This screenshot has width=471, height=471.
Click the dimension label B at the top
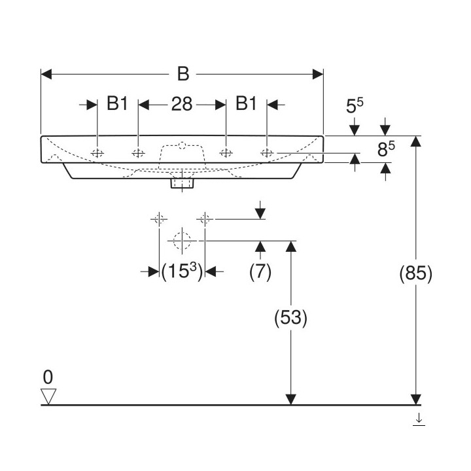point(183,75)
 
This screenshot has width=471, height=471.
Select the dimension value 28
point(181,104)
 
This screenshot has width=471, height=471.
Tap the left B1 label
point(117,104)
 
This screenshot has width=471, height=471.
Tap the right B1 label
point(246,104)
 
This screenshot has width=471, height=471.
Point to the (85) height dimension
point(415,275)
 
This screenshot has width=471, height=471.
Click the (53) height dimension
point(290,318)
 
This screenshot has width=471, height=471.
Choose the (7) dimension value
point(260,271)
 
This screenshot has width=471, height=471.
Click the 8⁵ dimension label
point(386,150)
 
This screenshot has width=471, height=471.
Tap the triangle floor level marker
point(49,396)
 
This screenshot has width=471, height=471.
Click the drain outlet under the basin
point(181,183)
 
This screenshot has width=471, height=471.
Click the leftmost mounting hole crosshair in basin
point(97,154)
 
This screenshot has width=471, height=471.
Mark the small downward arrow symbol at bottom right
point(419,421)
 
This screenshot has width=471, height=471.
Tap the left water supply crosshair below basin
point(158,218)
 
